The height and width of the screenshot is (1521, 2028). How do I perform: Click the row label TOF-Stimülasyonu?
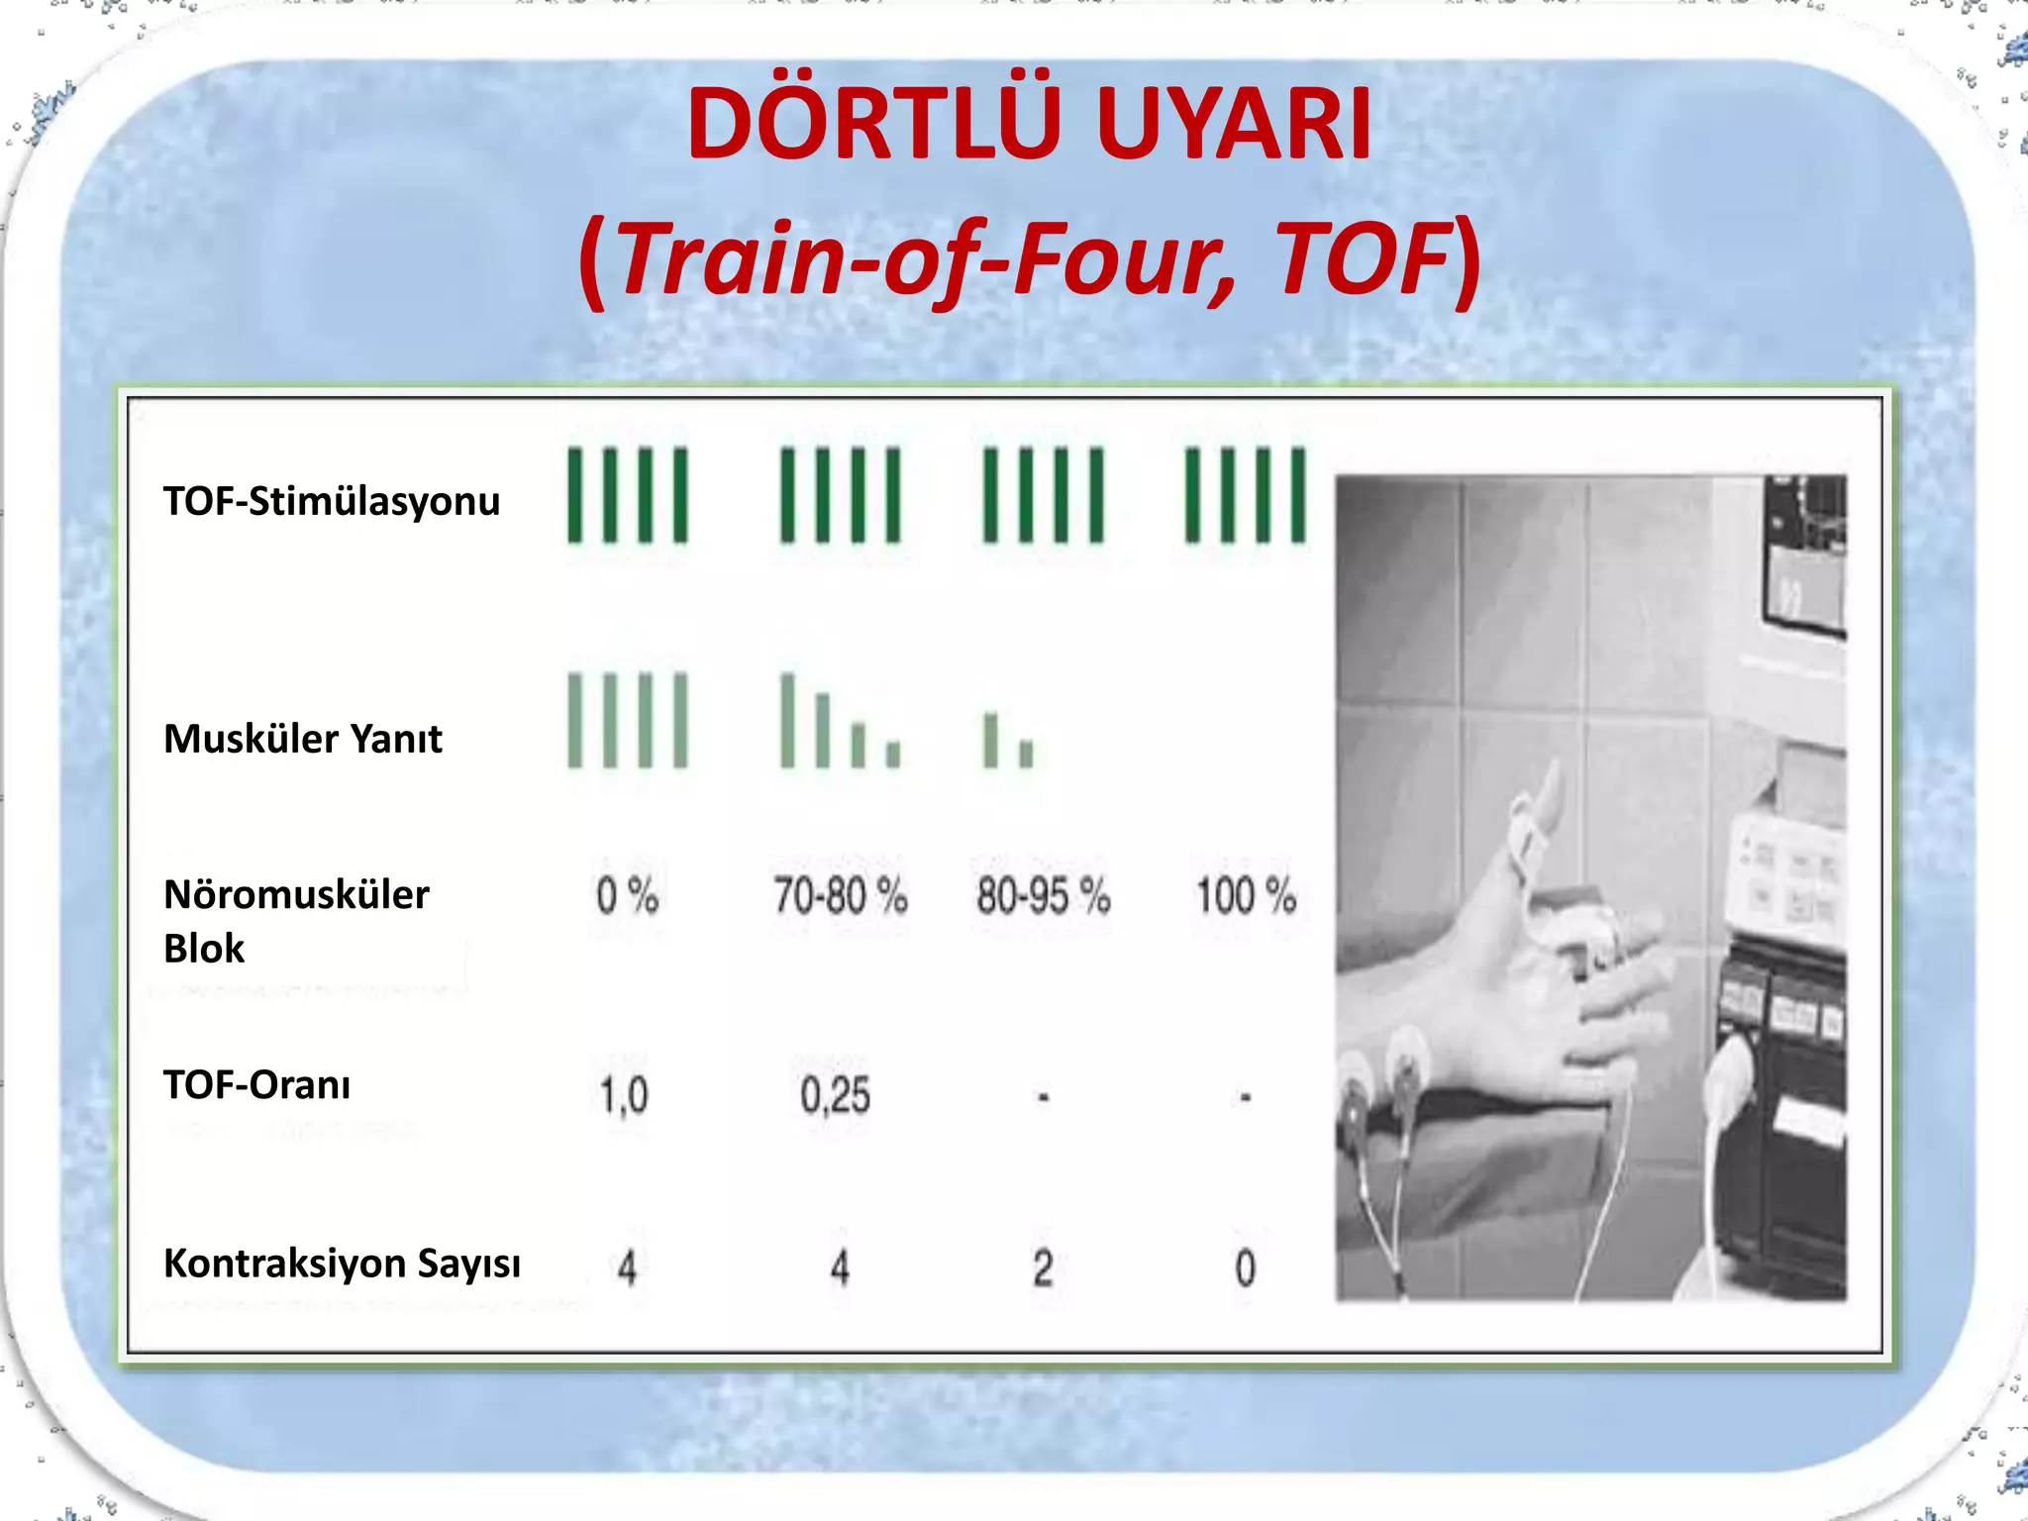click(332, 501)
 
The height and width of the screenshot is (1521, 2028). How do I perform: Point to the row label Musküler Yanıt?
click(303, 739)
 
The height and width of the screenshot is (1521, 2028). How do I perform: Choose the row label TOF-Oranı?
click(257, 1085)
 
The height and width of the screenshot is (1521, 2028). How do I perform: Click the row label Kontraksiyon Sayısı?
click(342, 1264)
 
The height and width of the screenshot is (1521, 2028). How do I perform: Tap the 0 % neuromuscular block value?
click(627, 896)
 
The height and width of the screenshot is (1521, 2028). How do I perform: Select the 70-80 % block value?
click(840, 896)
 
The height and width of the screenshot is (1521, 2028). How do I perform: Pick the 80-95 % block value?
click(1043, 896)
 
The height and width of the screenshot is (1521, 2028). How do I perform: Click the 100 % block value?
click(1246, 896)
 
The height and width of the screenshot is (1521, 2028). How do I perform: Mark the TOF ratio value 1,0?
click(624, 1096)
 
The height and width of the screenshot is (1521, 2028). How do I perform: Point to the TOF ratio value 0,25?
click(836, 1096)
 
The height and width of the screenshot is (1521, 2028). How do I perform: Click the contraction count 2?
click(1043, 1267)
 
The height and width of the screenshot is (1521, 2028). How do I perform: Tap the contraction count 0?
click(1246, 1268)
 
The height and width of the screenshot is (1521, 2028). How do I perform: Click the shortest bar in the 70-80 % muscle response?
click(893, 755)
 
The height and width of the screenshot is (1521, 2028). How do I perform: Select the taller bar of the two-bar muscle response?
click(989, 740)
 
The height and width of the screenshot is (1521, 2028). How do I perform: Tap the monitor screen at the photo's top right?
click(1804, 555)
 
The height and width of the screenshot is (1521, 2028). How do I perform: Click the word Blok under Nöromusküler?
click(204, 949)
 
